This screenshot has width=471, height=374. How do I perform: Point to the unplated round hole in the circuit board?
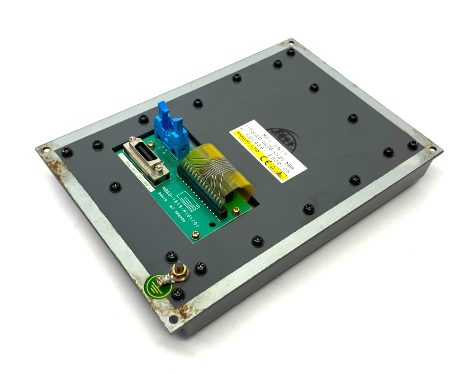[212, 224]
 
